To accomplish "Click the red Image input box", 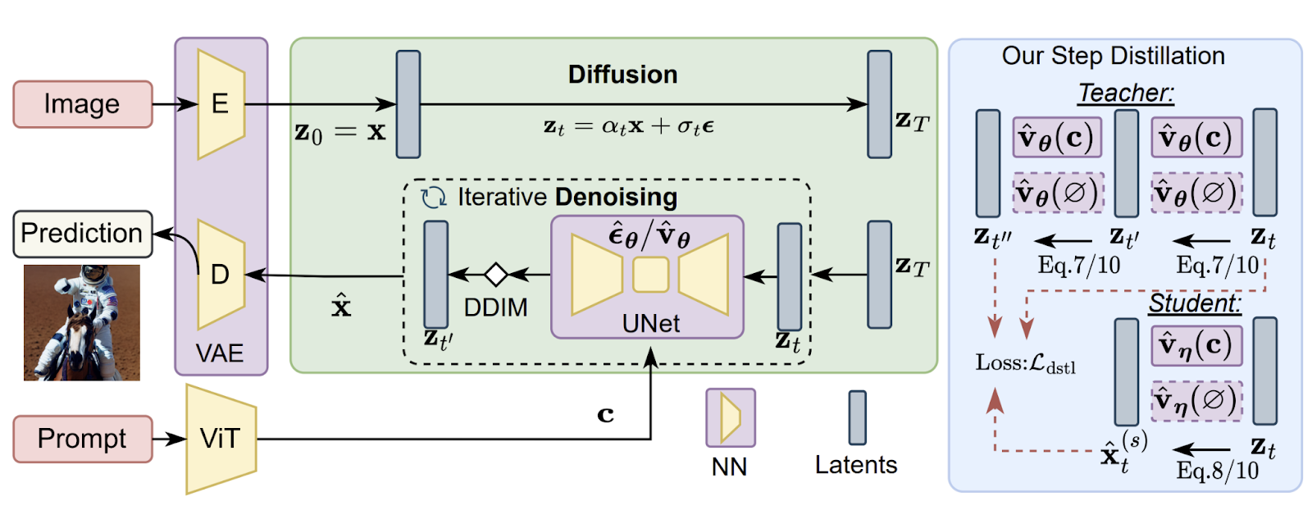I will click(82, 104).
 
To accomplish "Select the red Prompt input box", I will click(82, 439).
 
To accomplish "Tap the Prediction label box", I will click(82, 234).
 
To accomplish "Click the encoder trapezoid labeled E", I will click(221, 104).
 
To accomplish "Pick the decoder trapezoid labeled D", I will click(221, 274).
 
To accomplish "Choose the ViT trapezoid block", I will click(221, 439).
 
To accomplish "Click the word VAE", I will click(220, 353).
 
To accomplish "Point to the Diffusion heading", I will click(622, 75).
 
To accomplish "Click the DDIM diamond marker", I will click(495, 274).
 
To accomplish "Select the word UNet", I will click(650, 324).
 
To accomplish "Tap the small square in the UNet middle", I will click(650, 275).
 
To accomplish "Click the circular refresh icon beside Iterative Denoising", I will click(433, 198).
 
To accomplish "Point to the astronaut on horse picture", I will click(81, 322).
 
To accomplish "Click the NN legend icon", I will click(730, 417).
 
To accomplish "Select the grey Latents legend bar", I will click(857, 417).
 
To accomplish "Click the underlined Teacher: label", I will click(1125, 93).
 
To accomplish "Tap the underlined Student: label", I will click(1195, 303).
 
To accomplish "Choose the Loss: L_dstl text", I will click(1025, 363).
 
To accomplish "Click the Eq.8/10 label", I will click(1217, 471).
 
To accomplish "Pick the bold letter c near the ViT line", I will click(605, 415).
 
